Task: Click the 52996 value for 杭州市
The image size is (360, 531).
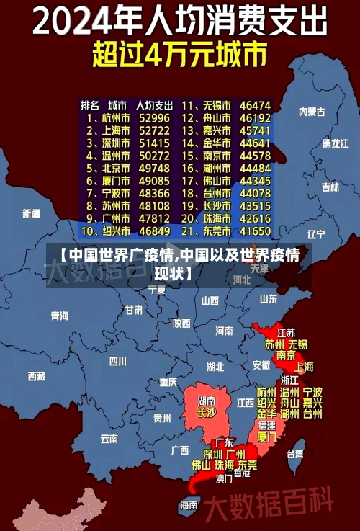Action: pyautogui.click(x=155, y=117)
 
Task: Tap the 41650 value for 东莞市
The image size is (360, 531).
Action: pyautogui.click(x=256, y=232)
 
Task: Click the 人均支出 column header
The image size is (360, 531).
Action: pyautogui.click(x=155, y=105)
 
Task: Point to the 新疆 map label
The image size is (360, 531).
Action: pyautogui.click(x=32, y=213)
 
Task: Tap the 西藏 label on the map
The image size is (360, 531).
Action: pyautogui.click(x=37, y=375)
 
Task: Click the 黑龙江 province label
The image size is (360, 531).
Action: pyautogui.click(x=336, y=143)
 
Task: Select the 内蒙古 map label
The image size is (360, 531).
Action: pyautogui.click(x=312, y=112)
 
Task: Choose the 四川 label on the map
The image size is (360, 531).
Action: pyautogui.click(x=117, y=360)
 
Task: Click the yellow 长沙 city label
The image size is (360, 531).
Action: pyautogui.click(x=207, y=413)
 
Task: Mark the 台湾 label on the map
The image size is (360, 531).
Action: pyautogui.click(x=295, y=453)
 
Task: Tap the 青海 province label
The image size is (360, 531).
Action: pyautogui.click(x=60, y=315)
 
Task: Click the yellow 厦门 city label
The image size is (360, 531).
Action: pyautogui.click(x=266, y=437)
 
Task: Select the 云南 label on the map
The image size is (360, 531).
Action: pyautogui.click(x=109, y=437)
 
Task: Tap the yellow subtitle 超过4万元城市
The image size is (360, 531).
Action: pyautogui.click(x=179, y=54)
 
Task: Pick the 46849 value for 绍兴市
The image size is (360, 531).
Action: pyautogui.click(x=155, y=232)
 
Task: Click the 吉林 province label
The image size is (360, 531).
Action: pyautogui.click(x=330, y=187)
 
